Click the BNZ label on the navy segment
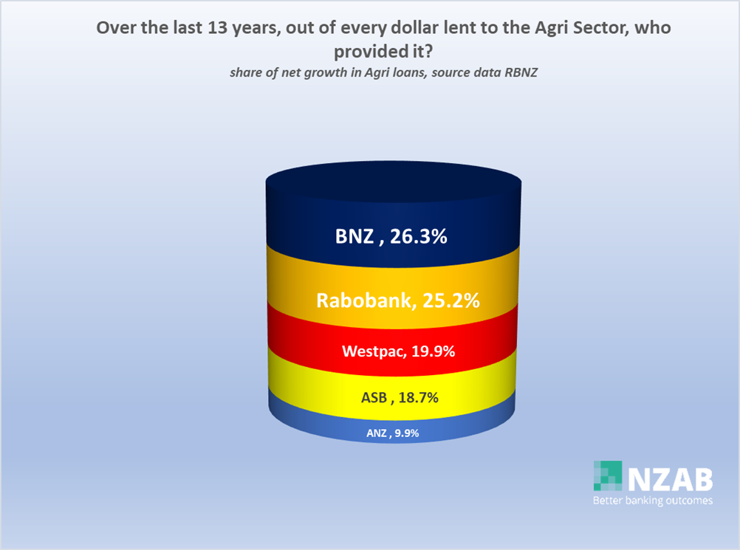pos(391,236)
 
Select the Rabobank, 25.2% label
pos(398,300)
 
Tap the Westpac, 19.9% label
pos(398,351)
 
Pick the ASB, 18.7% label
pos(400,398)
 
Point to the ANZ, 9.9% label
pos(393,433)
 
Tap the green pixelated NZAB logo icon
pos(608,475)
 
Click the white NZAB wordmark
pos(670,480)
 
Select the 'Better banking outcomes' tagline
pos(653,501)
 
